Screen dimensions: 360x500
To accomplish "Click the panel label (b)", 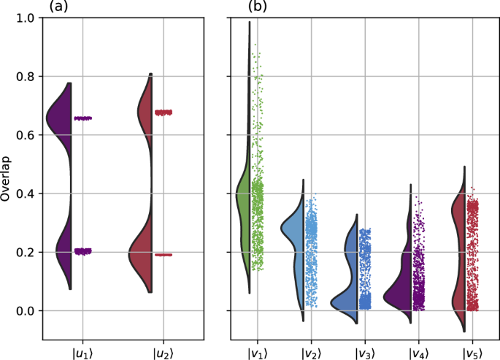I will (256, 7).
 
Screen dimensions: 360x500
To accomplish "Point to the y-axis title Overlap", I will (7, 179).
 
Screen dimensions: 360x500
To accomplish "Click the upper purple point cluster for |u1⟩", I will (83, 118).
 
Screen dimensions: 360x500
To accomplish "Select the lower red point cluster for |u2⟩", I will (164, 255).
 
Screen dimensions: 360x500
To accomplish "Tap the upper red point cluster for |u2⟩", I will (164, 112).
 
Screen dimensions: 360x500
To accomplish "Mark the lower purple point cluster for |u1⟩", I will (83, 251).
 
